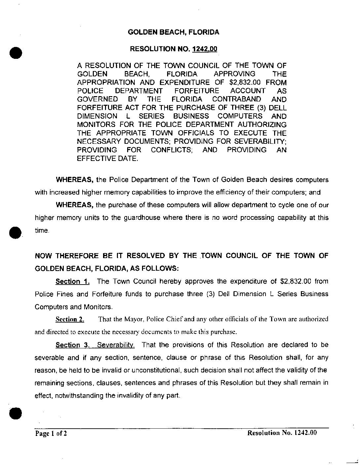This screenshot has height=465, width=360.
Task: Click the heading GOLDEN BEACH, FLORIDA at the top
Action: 173,32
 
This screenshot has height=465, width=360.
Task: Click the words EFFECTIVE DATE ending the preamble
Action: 107,158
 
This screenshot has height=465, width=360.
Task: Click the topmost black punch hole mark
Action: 16,52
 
